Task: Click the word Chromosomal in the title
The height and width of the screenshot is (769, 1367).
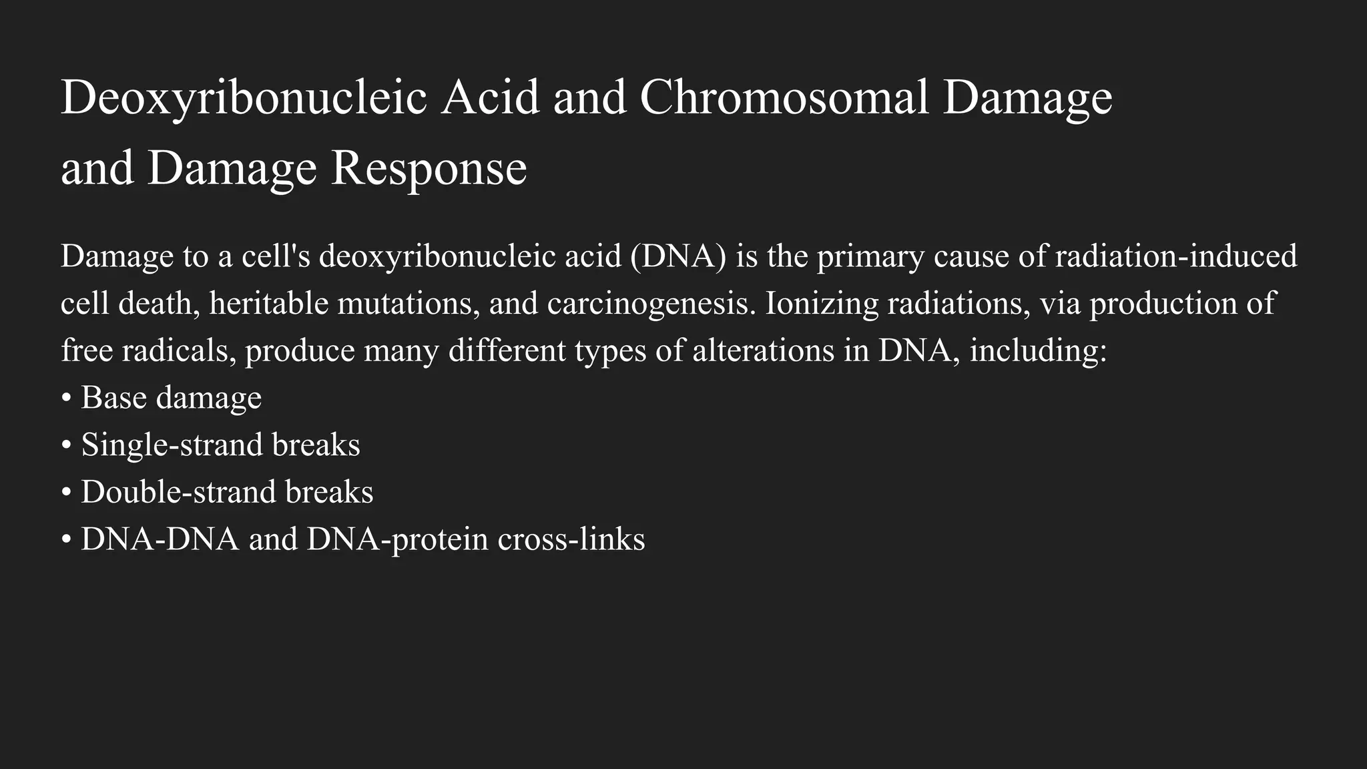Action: click(784, 97)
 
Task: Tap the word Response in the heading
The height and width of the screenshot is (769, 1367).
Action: click(429, 168)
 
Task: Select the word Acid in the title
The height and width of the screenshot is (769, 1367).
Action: click(490, 97)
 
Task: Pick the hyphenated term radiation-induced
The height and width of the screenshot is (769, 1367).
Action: click(1176, 256)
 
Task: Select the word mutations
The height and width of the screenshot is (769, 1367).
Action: click(408, 304)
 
